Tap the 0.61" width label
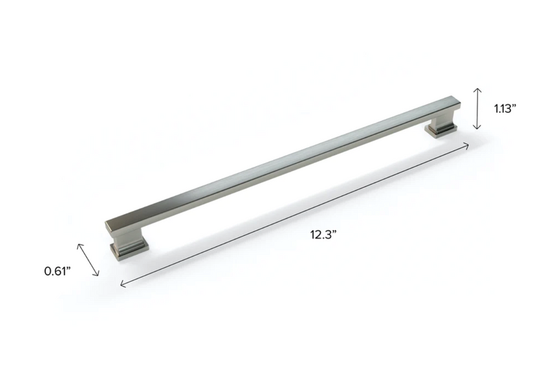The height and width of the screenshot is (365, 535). pos(58,271)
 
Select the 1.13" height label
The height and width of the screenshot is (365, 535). pos(506,108)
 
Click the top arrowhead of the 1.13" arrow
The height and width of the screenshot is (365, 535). pos(476,89)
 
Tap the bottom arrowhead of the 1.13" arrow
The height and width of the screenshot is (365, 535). pos(476,128)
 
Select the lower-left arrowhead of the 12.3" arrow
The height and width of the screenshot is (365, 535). pos(122,285)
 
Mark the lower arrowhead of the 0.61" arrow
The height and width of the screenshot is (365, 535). pos(98,274)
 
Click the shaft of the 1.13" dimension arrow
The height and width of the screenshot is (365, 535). pos(476,108)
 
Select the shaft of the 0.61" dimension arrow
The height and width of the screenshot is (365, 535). pos(90,259)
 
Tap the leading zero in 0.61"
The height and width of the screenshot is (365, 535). pos(48,271)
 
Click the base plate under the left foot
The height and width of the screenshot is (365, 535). pos(128,252)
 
